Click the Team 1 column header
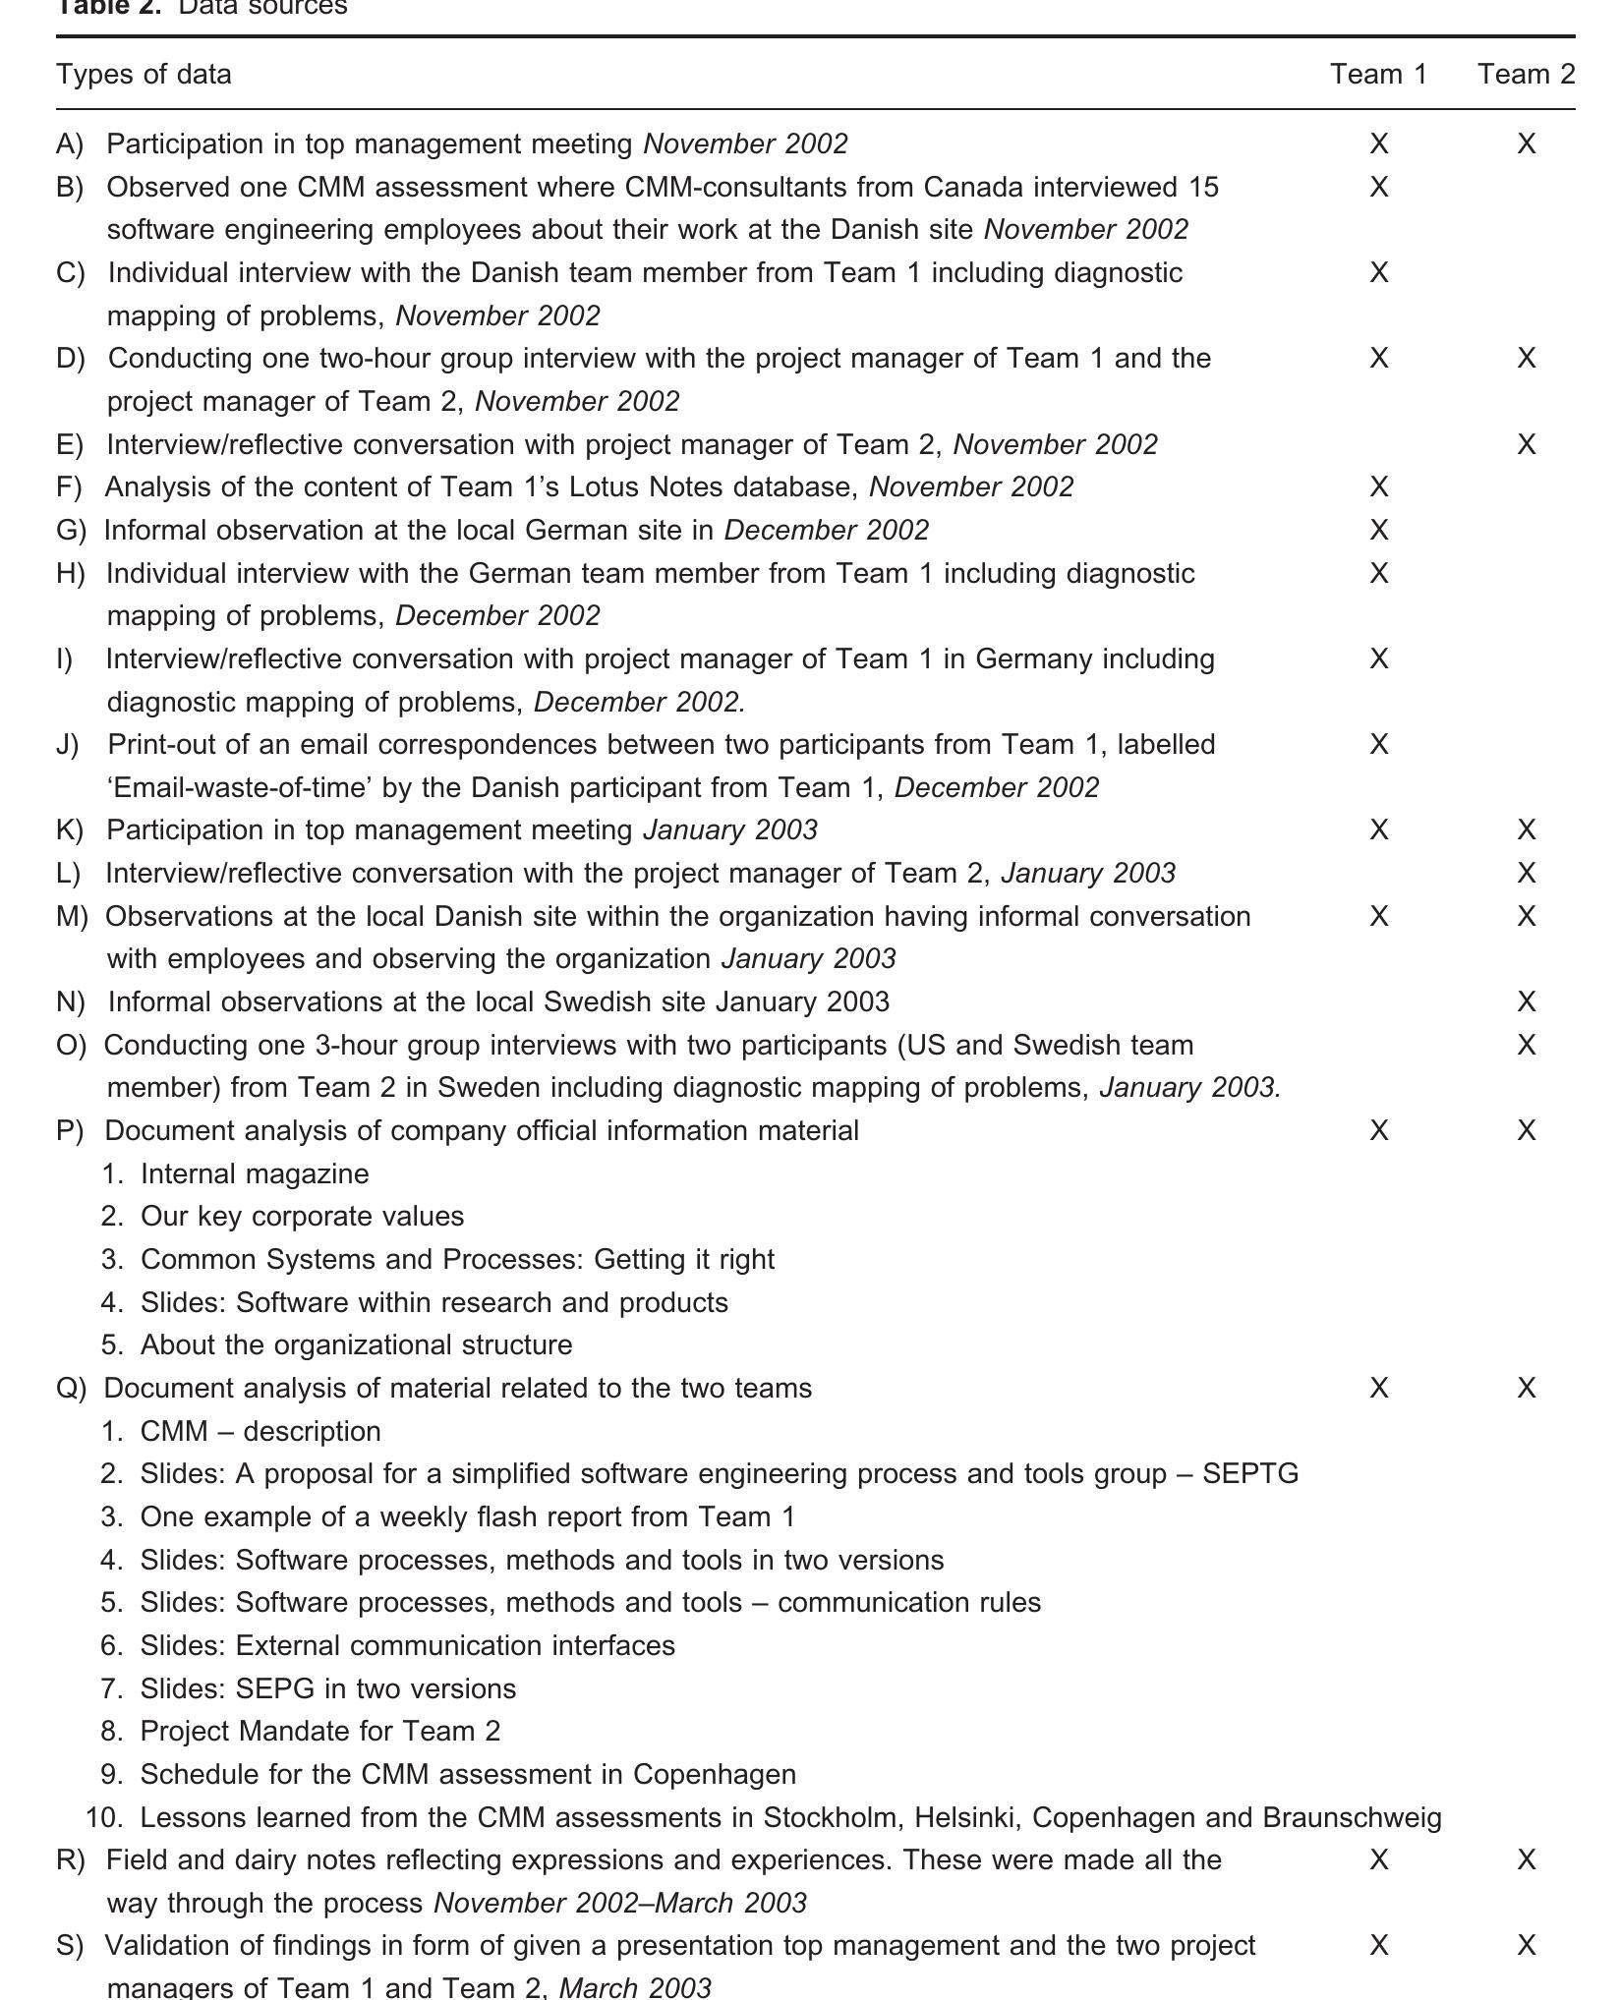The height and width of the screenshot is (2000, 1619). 1378,74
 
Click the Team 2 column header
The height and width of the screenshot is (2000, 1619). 1526,74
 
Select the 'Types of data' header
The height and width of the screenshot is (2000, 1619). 144,74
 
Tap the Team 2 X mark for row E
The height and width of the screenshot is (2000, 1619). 1526,444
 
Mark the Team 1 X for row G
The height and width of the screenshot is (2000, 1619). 1378,530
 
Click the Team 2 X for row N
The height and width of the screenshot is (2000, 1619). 1526,1001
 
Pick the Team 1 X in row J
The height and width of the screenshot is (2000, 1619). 1378,744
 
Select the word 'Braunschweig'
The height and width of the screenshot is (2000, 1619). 1352,1817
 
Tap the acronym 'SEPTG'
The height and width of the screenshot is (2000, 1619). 1249,1473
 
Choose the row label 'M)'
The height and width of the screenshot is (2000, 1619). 72,916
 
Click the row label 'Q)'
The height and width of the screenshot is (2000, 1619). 71,1388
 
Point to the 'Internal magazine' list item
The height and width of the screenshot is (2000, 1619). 255,1173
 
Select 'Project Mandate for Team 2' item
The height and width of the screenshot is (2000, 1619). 320,1731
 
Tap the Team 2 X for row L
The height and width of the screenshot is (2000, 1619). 1526,873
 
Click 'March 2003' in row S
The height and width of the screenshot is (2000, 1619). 635,1987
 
